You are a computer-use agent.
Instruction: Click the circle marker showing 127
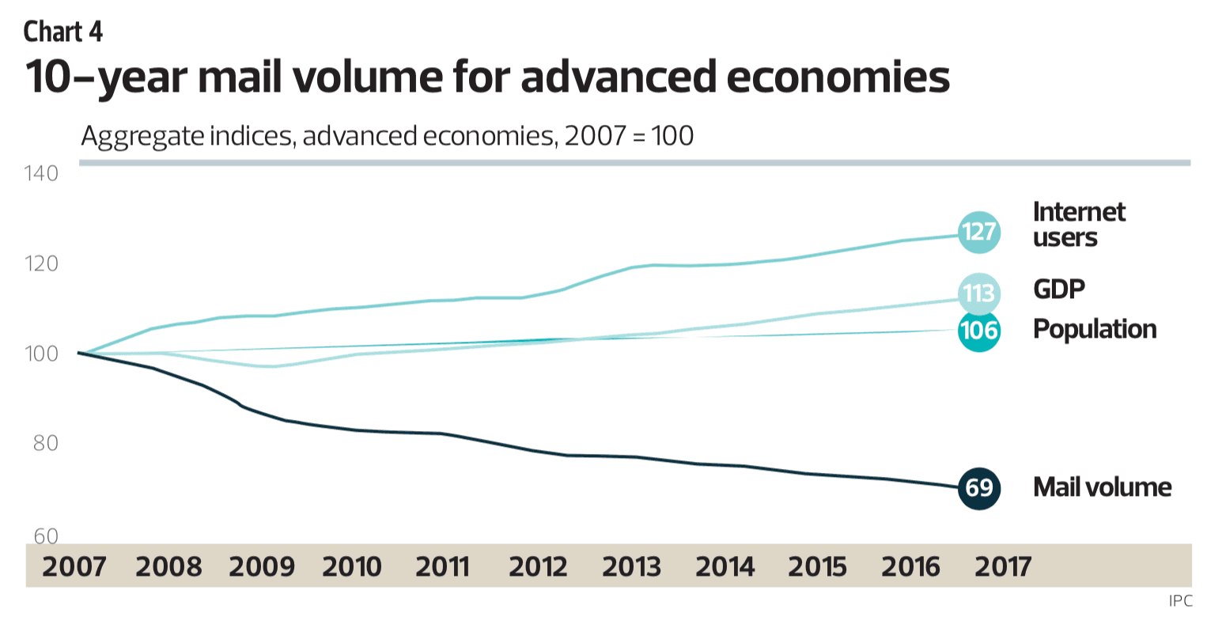point(978,233)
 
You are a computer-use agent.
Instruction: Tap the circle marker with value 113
point(978,293)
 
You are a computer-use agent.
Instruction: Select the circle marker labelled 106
point(978,329)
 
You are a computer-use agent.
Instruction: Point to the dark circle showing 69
point(978,487)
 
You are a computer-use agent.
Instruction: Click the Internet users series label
point(1078,225)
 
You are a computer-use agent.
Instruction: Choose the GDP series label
point(1058,289)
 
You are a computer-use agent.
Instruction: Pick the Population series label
point(1094,329)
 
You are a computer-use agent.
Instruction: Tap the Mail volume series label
point(1102,487)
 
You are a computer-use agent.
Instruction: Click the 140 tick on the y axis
point(41,173)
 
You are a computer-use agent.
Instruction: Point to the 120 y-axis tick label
point(41,263)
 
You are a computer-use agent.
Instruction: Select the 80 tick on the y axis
point(46,443)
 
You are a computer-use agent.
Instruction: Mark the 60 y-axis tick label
point(46,536)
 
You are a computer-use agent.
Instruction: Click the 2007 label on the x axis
point(74,566)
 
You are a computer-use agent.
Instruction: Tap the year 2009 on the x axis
point(261,566)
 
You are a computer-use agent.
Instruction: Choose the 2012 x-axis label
point(538,566)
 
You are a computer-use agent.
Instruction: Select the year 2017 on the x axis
point(1003,566)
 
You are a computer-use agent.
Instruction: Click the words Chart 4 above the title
point(63,32)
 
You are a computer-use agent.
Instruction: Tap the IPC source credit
point(1180,601)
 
